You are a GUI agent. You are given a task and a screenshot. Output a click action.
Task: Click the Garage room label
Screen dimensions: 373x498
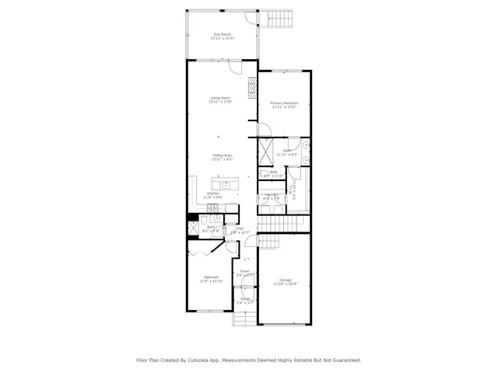pos(285,281)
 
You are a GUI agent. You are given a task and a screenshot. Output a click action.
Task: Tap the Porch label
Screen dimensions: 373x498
pos(245,300)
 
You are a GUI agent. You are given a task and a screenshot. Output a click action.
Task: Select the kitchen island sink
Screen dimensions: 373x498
pos(226,184)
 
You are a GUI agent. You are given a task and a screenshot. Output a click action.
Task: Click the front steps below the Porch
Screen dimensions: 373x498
pos(245,318)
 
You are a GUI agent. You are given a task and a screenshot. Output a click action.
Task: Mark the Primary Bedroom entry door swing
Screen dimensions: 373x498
pos(252,128)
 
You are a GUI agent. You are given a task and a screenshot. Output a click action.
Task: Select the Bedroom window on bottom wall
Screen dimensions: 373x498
pos(208,312)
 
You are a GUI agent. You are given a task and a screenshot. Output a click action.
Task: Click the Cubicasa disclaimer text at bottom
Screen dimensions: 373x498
pos(249,360)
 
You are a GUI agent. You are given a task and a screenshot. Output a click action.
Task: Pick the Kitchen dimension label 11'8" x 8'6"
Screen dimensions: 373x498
pos(212,197)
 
